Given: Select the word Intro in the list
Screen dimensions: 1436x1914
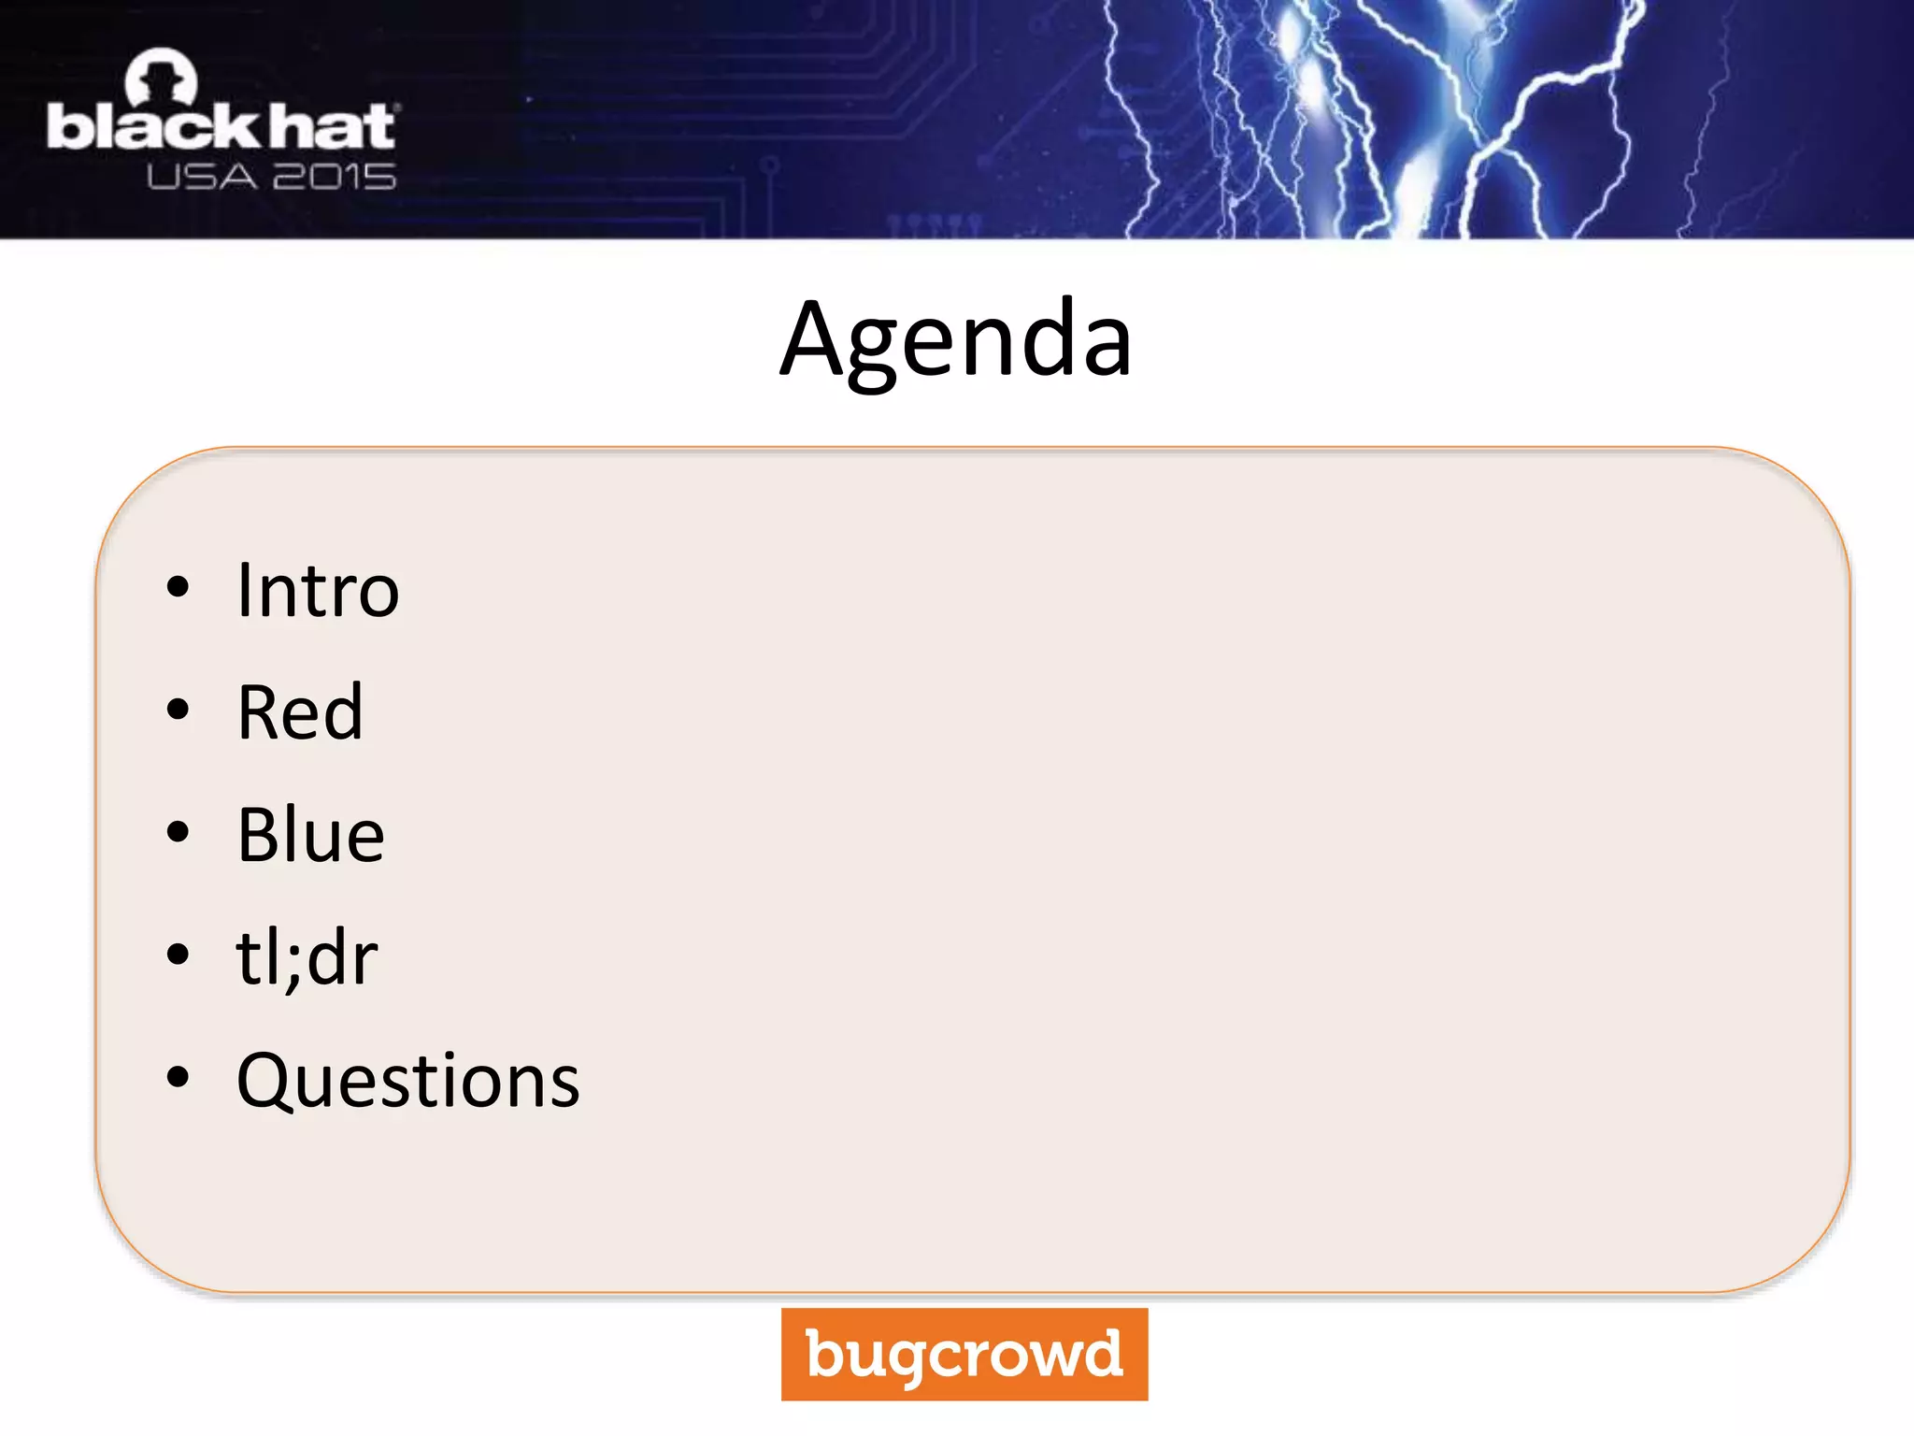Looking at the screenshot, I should (318, 591).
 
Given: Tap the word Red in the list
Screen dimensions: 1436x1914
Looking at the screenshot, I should (300, 712).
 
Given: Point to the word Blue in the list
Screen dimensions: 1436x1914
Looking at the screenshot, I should (310, 835).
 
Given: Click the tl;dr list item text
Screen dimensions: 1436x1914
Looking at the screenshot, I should (307, 957).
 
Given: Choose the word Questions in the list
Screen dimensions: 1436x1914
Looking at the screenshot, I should (408, 1081).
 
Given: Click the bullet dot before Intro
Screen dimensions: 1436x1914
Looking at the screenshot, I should (178, 588).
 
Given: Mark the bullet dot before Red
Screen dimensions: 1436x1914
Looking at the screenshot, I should (178, 710).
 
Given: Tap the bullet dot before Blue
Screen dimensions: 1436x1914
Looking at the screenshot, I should (178, 832).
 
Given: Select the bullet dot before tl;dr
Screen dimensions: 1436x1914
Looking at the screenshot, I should (178, 955).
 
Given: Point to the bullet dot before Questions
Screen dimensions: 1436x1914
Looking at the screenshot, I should (178, 1077).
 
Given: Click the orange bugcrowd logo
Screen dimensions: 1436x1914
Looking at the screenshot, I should (964, 1354).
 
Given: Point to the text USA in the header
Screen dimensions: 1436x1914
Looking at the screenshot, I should (201, 177).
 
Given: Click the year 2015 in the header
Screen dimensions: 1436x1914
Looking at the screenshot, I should (335, 177).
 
